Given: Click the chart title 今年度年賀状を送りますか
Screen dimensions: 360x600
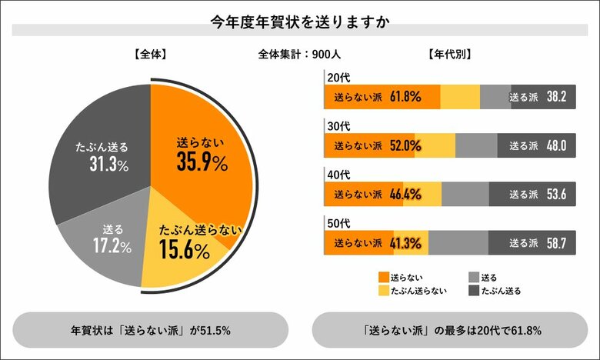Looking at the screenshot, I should (300, 21).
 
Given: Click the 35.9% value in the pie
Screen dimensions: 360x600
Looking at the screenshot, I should (202, 163).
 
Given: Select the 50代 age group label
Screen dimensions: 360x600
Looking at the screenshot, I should (338, 223).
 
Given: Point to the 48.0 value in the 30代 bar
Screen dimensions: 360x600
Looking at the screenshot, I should (556, 145).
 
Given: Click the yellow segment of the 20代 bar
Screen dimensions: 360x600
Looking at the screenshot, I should (460, 97).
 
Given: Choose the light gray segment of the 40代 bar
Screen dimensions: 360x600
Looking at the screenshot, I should (465, 195).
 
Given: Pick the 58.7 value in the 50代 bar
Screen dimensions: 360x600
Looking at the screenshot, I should (556, 243).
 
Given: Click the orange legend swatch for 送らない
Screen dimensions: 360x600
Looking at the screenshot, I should (384, 276).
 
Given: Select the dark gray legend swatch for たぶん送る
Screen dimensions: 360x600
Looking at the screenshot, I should (474, 291).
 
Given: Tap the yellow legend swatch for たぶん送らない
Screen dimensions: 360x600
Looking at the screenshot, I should (384, 291).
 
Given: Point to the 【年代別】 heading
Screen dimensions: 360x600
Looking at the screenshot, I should (448, 54).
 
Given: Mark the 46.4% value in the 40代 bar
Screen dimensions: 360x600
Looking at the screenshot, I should (405, 195).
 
